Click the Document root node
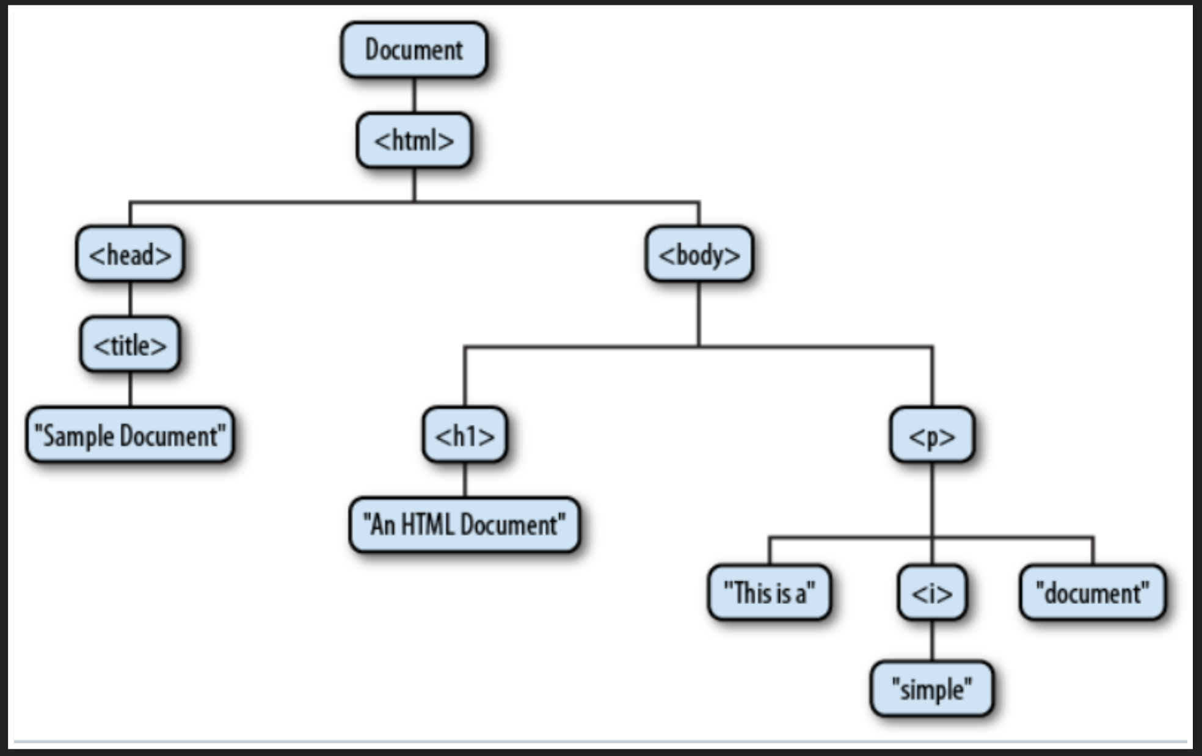(x=413, y=50)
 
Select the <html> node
(x=413, y=140)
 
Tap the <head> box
(x=130, y=254)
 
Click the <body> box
(x=699, y=254)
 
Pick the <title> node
(x=130, y=345)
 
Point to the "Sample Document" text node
(x=130, y=435)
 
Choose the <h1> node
(x=464, y=435)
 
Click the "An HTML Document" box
(x=464, y=525)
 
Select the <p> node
(x=931, y=435)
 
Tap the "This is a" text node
(x=769, y=592)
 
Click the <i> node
(x=931, y=592)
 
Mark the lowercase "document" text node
(x=1092, y=592)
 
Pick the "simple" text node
(x=931, y=689)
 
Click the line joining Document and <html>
(x=414, y=95)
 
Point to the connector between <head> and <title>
(x=130, y=299)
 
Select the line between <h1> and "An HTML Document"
(x=465, y=480)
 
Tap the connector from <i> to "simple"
(x=932, y=641)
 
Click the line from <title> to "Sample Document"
(x=130, y=390)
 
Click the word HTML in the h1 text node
(x=427, y=525)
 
